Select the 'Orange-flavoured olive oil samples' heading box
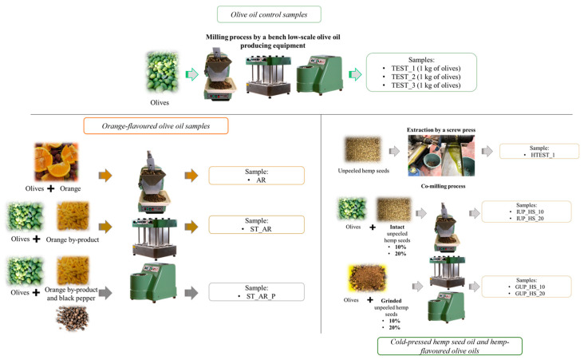click(156, 125)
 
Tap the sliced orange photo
click(56, 162)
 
